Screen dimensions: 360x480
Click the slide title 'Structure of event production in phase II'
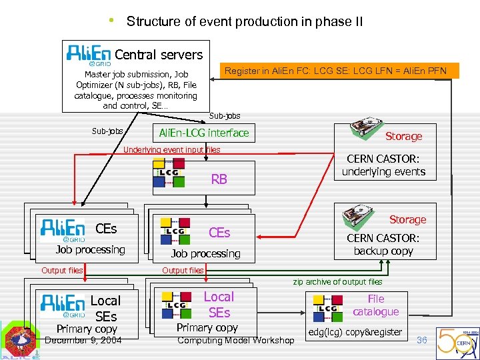[x=245, y=21]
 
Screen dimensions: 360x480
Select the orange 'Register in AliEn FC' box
[x=340, y=70]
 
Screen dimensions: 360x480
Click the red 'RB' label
[x=219, y=179]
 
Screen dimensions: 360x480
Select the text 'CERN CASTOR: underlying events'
[x=383, y=165]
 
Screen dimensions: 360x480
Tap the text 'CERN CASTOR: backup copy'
[x=383, y=244]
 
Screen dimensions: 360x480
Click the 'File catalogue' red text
[x=376, y=305]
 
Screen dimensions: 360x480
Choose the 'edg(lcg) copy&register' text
[x=355, y=332]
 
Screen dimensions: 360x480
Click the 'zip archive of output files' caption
[x=337, y=281]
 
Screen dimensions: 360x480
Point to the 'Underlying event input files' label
[x=172, y=150]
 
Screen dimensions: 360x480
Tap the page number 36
[x=421, y=340]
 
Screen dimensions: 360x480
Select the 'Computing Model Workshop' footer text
[x=235, y=341]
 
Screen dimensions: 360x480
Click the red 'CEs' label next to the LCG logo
[x=219, y=232]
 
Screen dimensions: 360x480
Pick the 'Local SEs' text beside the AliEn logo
[x=105, y=308]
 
